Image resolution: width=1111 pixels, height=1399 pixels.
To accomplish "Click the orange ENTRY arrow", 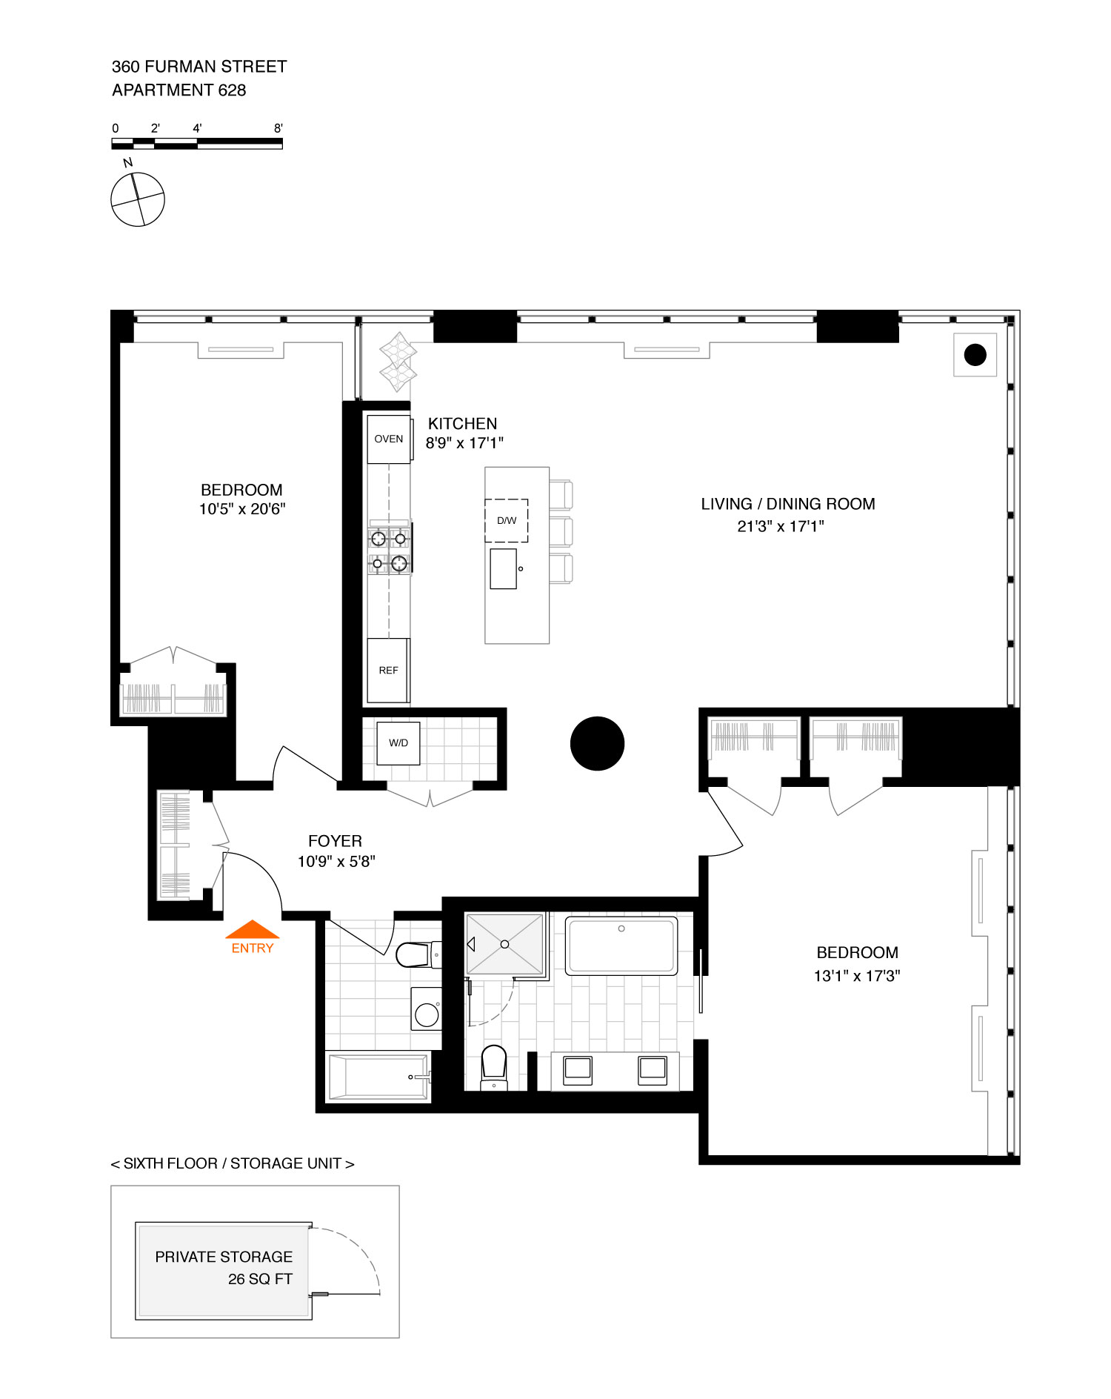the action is pyautogui.click(x=253, y=929).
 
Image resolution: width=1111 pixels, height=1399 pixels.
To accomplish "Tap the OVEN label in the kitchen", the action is pyautogui.click(x=389, y=439).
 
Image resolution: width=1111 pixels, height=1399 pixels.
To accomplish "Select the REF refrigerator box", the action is pyautogui.click(x=388, y=670).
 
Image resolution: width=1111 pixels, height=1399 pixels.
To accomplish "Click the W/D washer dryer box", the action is pyautogui.click(x=398, y=743).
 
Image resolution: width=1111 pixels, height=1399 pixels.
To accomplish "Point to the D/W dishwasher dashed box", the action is pyautogui.click(x=507, y=520).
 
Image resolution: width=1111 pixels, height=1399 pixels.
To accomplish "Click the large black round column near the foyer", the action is pyautogui.click(x=597, y=743).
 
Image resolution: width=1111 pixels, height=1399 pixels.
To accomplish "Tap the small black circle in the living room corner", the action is pyautogui.click(x=975, y=355).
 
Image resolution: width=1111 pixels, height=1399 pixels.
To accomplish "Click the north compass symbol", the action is pyautogui.click(x=137, y=199).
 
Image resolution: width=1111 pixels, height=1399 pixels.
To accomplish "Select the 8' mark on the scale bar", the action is pyautogui.click(x=278, y=128).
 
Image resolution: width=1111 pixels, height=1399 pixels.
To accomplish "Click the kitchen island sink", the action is pyautogui.click(x=504, y=569).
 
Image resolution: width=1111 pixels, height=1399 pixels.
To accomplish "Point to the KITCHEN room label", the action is pyautogui.click(x=462, y=424).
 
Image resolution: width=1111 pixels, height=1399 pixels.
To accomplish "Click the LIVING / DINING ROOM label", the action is pyautogui.click(x=788, y=504).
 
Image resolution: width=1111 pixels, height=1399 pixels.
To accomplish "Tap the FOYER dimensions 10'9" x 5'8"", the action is pyautogui.click(x=336, y=861).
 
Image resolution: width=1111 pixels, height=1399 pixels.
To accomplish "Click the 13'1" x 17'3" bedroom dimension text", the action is pyautogui.click(x=857, y=976).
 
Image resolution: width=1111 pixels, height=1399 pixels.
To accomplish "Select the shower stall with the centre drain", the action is pyautogui.click(x=504, y=944).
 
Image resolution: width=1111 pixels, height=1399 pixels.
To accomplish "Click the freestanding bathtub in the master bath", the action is pyautogui.click(x=621, y=946).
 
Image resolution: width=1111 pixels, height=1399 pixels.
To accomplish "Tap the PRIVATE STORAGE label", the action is pyautogui.click(x=224, y=1257).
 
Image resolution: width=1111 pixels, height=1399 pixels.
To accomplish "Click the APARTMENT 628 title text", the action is pyautogui.click(x=179, y=90).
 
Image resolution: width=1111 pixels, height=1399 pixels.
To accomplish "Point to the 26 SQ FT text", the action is pyautogui.click(x=260, y=1279).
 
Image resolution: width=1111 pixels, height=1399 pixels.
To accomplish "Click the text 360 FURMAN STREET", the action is pyautogui.click(x=199, y=67).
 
